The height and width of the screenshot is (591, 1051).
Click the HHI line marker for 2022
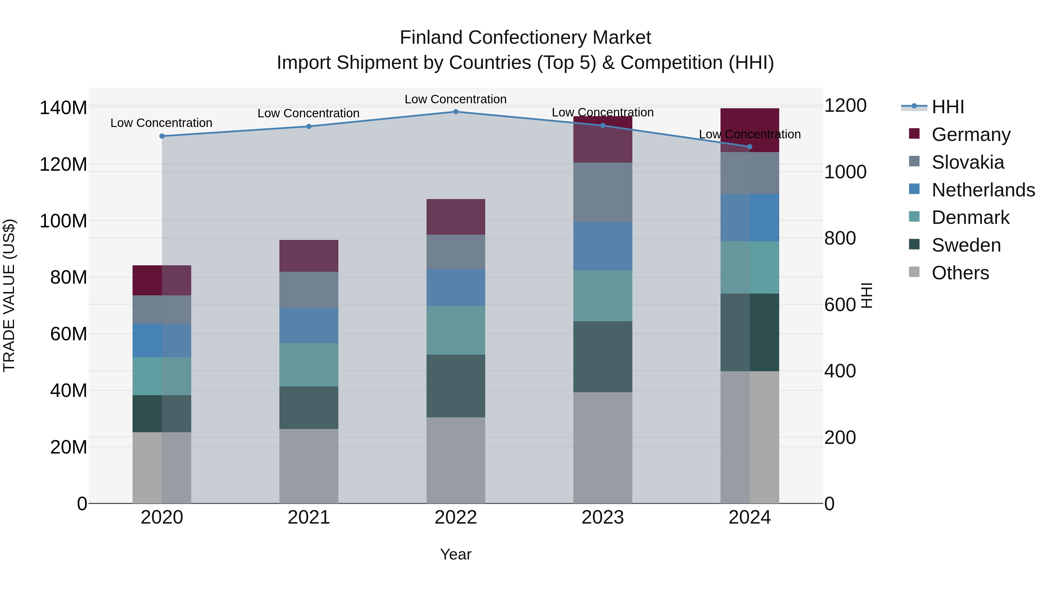(456, 111)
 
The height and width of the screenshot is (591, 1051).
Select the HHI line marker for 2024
(749, 147)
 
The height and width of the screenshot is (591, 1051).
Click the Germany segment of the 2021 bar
(309, 256)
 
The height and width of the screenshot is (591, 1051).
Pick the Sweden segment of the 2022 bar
(456, 386)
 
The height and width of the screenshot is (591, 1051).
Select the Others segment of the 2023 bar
(603, 447)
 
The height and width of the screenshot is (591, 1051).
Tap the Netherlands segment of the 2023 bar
(603, 246)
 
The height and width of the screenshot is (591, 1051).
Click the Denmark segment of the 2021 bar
(309, 365)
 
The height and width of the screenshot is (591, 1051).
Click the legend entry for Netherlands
(983, 190)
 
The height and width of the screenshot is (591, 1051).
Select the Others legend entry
(960, 273)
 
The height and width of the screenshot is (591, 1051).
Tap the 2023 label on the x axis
(603, 517)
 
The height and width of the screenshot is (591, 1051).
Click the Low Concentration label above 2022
(455, 99)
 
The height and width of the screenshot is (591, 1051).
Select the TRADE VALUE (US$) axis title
(9, 295)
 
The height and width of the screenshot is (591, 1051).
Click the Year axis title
(455, 554)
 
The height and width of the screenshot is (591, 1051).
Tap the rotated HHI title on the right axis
(866, 295)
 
